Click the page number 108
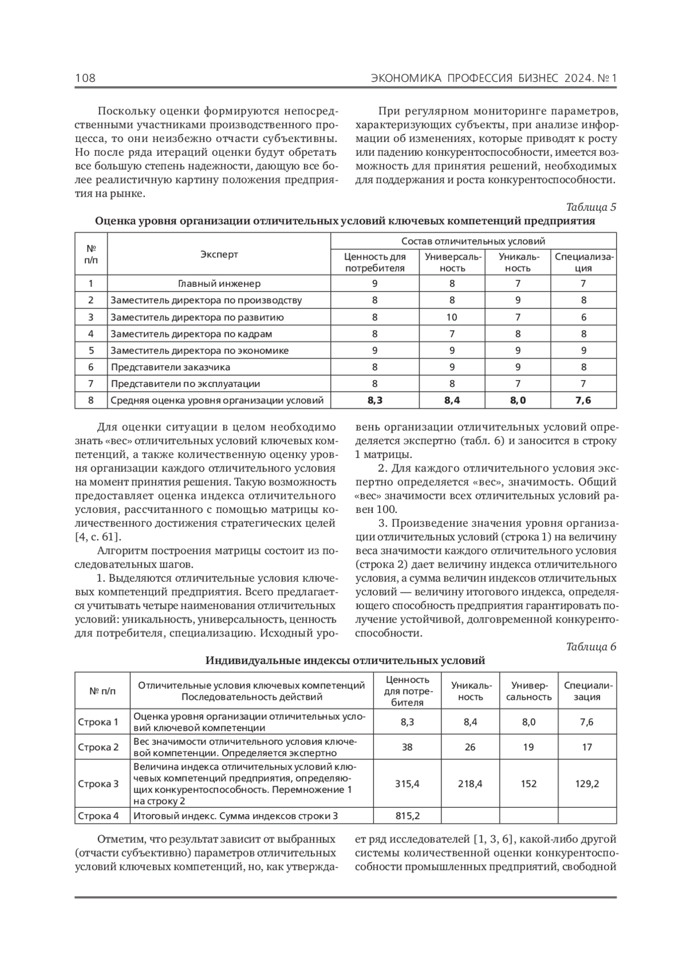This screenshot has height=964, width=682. [85, 78]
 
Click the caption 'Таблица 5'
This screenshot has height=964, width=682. [591, 207]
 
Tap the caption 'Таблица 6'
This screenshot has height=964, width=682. [591, 646]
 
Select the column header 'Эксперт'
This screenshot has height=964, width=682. [219, 254]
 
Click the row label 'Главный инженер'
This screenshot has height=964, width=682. [219, 283]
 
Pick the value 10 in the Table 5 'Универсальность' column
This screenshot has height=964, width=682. [452, 317]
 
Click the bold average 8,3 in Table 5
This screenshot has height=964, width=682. [375, 400]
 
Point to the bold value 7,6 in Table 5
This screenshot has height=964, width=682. [583, 400]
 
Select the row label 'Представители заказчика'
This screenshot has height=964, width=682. [170, 367]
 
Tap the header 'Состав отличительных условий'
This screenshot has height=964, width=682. [473, 241]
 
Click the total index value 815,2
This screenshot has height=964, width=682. [407, 816]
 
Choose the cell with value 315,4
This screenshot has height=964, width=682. [407, 784]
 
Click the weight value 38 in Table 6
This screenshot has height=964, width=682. [407, 747]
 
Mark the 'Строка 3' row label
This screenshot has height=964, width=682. [98, 784]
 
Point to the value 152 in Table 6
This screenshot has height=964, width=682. [529, 784]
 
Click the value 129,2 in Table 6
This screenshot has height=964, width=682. [587, 784]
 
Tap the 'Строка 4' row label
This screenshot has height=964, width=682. [98, 816]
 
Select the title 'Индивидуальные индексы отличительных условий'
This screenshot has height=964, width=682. [345, 661]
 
